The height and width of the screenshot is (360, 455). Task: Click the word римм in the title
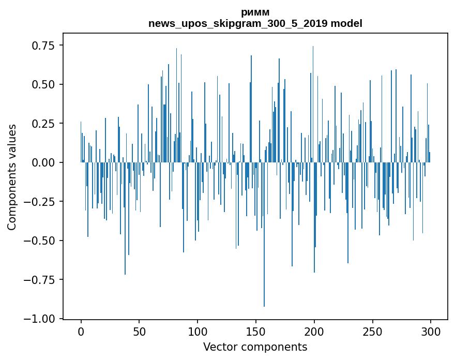pos(255,12)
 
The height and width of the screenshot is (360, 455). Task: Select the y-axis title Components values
pos(12,177)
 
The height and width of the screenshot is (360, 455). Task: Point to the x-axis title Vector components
pos(255,347)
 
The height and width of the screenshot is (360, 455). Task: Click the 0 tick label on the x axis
pos(81,332)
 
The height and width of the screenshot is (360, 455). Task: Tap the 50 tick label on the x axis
pos(139,332)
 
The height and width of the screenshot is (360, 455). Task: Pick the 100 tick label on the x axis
pos(198,332)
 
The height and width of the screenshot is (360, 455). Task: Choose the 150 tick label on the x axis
pos(256,332)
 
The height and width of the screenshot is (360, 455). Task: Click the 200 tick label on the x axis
pos(314,332)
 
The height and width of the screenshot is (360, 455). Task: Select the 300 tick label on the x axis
pos(431,332)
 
